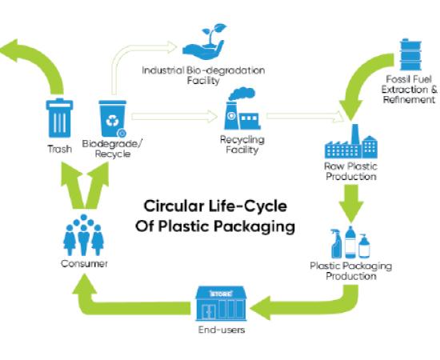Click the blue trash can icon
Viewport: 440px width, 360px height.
59,118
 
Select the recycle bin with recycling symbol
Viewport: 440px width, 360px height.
113,118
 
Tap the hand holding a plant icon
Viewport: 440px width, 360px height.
204,42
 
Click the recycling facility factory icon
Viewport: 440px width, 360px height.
242,109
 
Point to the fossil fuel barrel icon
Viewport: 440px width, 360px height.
411,54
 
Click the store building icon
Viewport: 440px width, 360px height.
221,304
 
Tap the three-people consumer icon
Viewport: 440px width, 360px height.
84,235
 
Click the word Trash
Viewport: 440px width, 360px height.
59,149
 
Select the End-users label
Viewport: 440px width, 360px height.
222,330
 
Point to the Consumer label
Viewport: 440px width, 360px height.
84,264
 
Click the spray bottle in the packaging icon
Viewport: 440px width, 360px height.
336,243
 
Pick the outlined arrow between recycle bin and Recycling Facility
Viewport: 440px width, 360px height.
174,117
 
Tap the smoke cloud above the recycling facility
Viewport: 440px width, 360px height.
242,94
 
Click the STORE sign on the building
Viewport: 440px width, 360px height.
221,294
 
